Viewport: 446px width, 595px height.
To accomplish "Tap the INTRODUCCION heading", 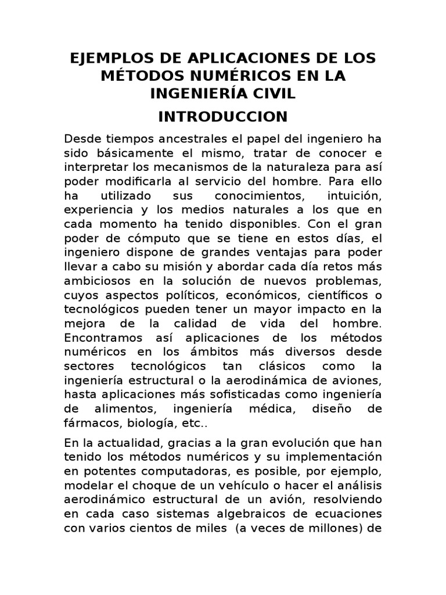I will [x=223, y=116].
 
